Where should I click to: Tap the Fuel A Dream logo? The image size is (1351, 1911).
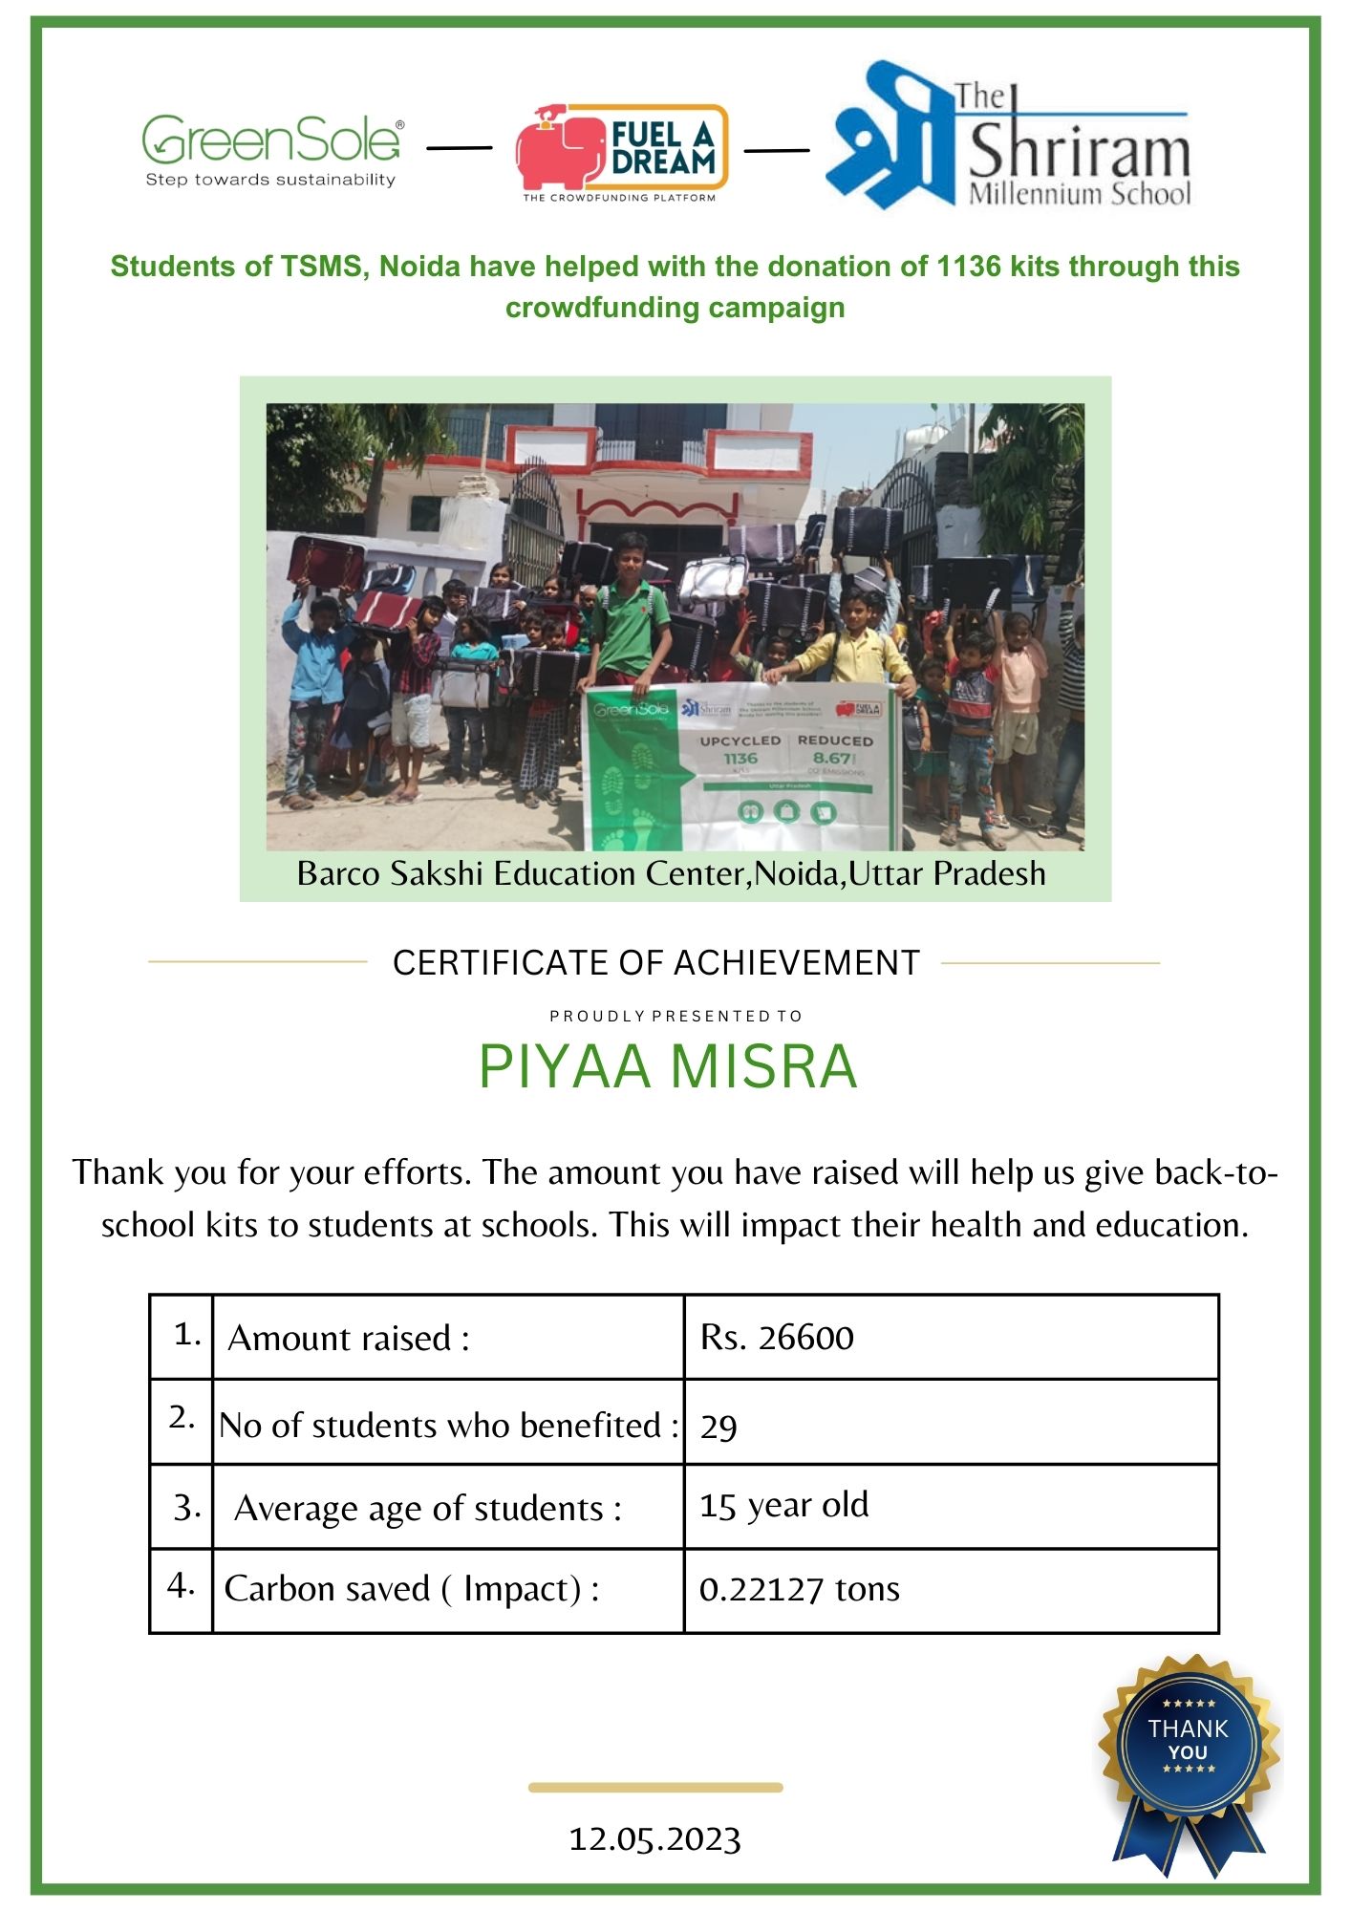tap(622, 151)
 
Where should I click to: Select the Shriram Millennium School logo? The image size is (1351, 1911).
tap(1009, 139)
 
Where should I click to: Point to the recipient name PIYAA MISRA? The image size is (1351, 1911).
tap(668, 1066)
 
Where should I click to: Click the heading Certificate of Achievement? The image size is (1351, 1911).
tap(655, 963)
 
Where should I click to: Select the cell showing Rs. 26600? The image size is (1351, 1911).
tap(777, 1338)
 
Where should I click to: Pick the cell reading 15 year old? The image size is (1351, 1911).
tap(783, 1506)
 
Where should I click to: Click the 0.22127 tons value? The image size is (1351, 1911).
tap(799, 1589)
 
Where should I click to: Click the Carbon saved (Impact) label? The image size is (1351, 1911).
tap(412, 1589)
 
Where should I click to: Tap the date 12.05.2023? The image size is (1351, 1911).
tap(655, 1839)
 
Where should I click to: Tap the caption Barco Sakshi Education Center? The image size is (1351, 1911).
tap(671, 873)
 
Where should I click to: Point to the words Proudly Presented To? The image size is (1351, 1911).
tap(675, 1016)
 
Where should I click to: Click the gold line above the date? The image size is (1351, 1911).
tap(655, 1787)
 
